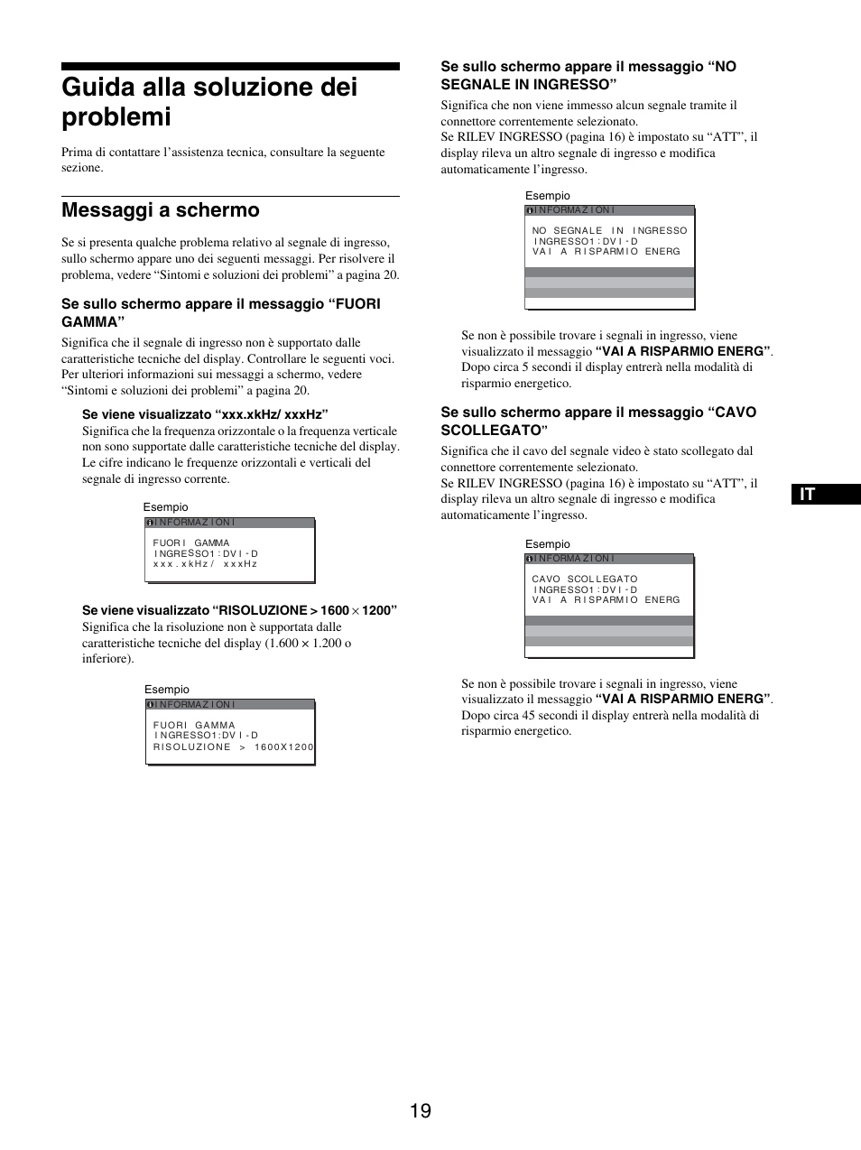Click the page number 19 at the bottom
tap(420, 1111)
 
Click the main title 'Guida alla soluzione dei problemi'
tap(209, 101)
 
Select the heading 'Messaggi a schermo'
tap(161, 210)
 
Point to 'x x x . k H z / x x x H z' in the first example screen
tap(206, 564)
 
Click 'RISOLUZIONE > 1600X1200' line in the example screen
tap(234, 747)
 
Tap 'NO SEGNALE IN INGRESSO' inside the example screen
tap(609, 230)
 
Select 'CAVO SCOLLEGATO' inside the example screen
tap(585, 579)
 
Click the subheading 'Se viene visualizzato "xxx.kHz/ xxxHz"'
tap(205, 414)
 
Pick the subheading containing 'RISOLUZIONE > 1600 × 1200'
tap(239, 610)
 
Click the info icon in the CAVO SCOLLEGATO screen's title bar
tap(530, 559)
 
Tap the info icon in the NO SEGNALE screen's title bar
tap(530, 210)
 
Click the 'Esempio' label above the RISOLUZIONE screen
tap(167, 690)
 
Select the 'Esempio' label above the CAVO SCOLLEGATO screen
tap(548, 544)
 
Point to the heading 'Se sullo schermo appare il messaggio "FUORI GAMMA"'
tap(221, 312)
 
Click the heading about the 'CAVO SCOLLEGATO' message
tap(598, 421)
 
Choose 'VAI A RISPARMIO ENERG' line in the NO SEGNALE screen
tap(606, 251)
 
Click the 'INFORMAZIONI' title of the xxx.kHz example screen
tap(195, 523)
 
